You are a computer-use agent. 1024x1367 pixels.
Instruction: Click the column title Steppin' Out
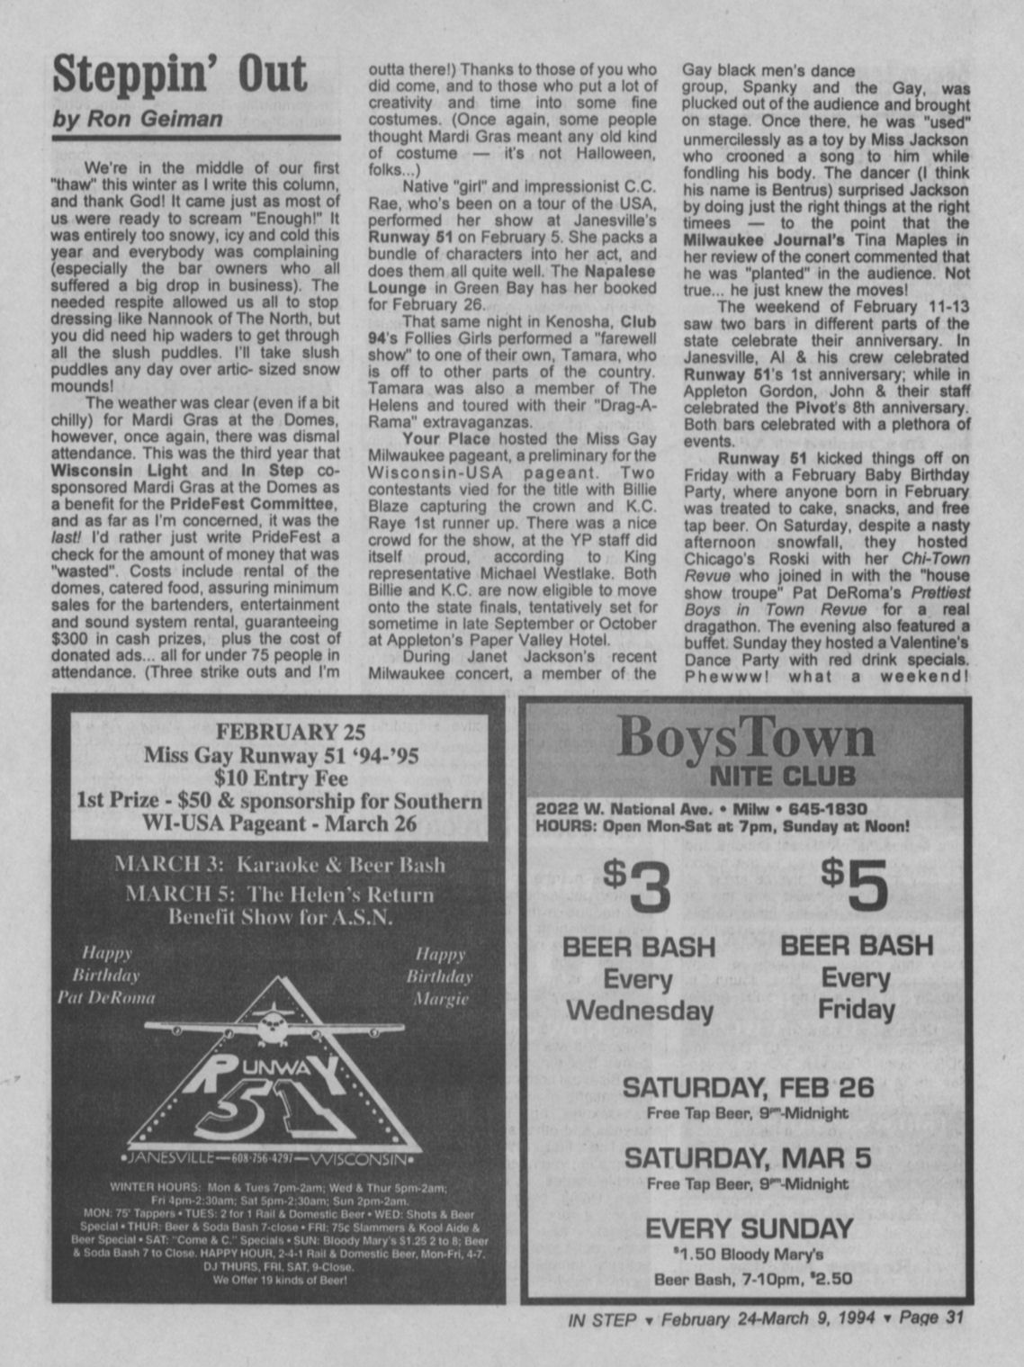[x=179, y=74]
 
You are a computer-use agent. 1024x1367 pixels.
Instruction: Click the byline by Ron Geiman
[x=137, y=120]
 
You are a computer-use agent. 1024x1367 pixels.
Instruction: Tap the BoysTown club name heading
[x=746, y=739]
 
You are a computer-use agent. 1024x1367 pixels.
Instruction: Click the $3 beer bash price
[x=637, y=886]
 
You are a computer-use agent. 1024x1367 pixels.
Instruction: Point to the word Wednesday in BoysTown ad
[x=639, y=1010]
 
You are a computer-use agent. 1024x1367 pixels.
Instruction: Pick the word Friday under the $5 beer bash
[x=857, y=1009]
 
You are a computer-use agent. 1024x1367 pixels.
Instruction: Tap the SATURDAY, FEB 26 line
[x=748, y=1087]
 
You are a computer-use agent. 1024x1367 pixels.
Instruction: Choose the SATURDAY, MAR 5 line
[x=748, y=1157]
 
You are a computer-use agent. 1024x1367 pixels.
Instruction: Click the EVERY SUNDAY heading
[x=749, y=1228]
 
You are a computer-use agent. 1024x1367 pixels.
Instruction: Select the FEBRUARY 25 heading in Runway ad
[x=277, y=731]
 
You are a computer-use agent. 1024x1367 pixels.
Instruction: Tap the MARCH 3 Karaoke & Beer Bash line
[x=279, y=865]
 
